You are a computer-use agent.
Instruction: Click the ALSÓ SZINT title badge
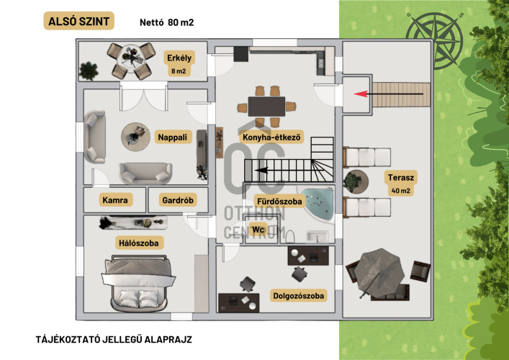(x=79, y=21)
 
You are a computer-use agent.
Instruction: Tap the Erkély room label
(x=179, y=58)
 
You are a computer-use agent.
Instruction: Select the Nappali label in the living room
(x=173, y=137)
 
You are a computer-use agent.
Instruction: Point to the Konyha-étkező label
(x=271, y=137)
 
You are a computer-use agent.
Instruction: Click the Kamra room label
(x=115, y=200)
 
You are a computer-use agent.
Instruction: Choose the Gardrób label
(x=178, y=200)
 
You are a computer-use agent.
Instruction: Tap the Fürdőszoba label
(x=279, y=202)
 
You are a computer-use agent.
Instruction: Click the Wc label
(x=258, y=230)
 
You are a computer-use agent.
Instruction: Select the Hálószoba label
(x=139, y=243)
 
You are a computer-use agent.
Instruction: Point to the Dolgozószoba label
(x=298, y=296)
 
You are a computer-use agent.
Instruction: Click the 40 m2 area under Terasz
(x=400, y=191)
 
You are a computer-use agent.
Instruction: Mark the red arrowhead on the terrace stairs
(x=360, y=94)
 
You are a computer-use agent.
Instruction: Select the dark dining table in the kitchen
(x=266, y=107)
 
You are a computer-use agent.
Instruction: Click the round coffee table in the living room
(x=135, y=137)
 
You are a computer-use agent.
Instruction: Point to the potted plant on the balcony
(x=89, y=71)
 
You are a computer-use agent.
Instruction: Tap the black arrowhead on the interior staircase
(x=261, y=170)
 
